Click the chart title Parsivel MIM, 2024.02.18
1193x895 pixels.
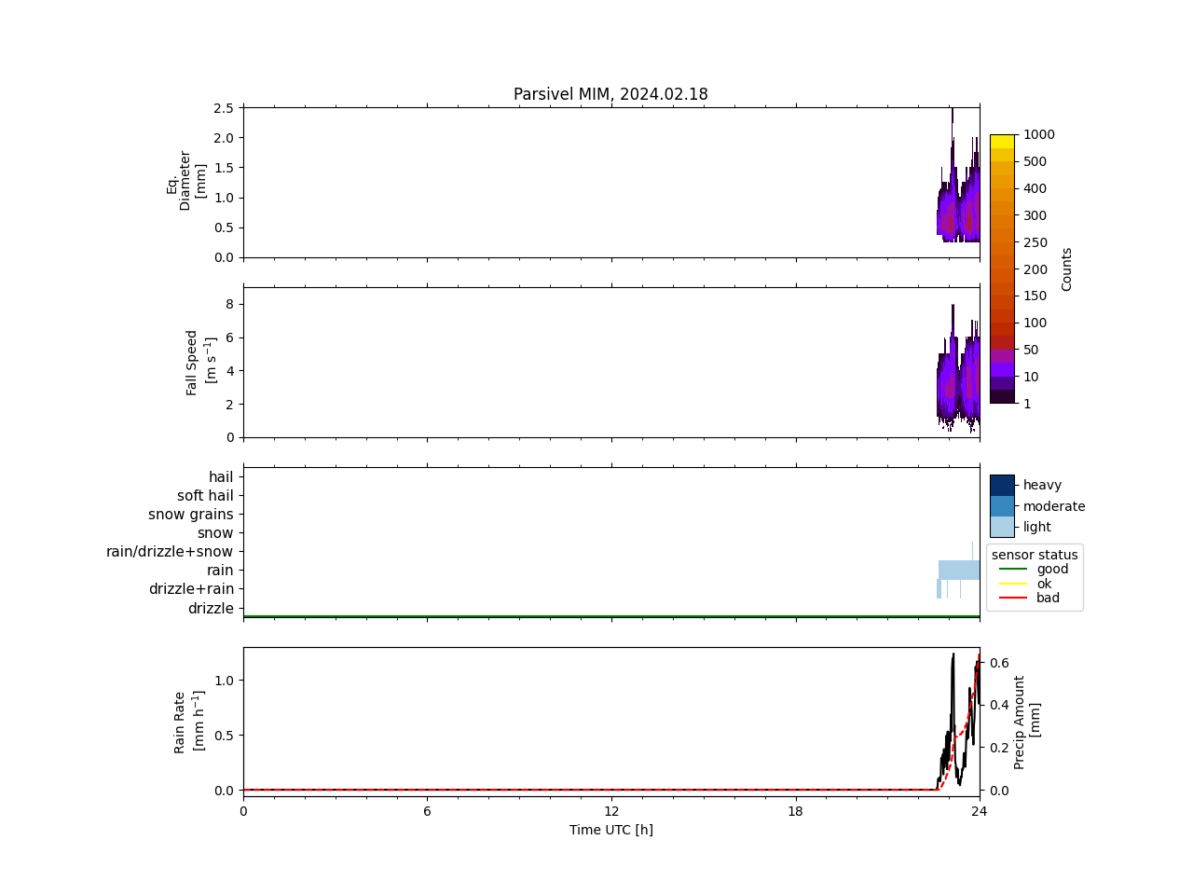[610, 94]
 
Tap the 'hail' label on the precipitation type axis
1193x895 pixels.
[221, 477]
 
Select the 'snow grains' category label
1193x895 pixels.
[191, 515]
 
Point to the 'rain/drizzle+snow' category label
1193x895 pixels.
[170, 552]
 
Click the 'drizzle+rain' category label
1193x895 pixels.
[191, 589]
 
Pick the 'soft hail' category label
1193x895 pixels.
[205, 496]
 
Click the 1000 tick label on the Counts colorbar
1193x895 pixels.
[1038, 134]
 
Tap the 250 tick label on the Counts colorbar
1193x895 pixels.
[1035, 242]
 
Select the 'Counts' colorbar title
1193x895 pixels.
[1067, 268]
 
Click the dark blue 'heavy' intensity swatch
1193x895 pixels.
[1002, 485]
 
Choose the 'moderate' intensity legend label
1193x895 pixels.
[1054, 506]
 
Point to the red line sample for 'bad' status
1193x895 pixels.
[1012, 599]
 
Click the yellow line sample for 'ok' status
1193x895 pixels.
[1012, 584]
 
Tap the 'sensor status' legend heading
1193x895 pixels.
[1035, 555]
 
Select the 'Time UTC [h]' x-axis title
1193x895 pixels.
[611, 830]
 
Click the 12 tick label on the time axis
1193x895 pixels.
[611, 811]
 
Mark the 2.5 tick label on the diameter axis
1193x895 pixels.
[224, 108]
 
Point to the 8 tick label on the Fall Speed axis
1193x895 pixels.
[228, 304]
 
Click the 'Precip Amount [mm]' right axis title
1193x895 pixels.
[1026, 722]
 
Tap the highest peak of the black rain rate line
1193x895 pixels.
[953, 654]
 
